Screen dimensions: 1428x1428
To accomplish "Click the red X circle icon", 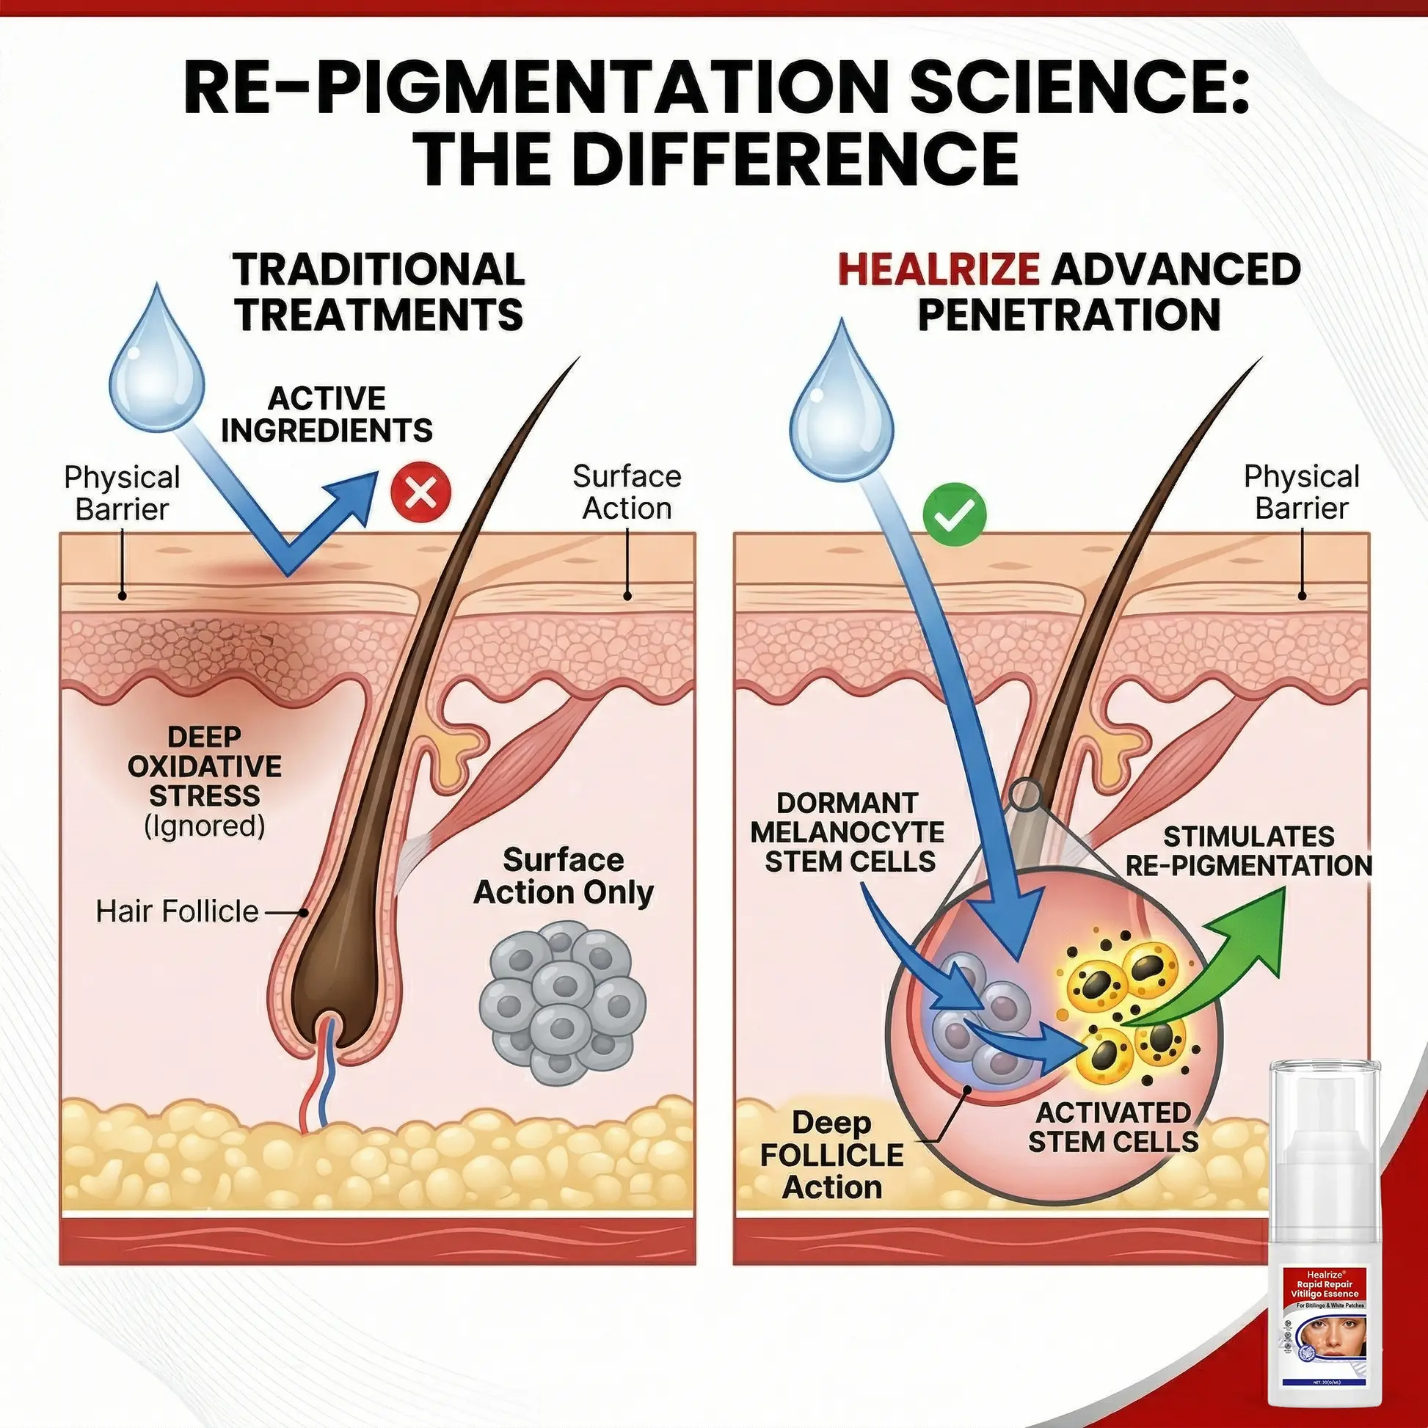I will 420,492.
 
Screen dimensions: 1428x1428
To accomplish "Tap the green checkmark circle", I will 954,516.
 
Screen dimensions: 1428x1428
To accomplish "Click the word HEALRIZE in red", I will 939,270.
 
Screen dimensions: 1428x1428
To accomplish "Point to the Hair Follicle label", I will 178,911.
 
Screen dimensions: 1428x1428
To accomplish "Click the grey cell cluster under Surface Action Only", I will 563,1001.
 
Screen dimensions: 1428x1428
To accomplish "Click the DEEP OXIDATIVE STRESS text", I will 204,767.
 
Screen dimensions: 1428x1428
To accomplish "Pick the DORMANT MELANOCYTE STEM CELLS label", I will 847,832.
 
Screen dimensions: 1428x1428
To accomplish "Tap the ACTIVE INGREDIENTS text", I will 327,415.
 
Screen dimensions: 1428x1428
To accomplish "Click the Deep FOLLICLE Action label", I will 831,1154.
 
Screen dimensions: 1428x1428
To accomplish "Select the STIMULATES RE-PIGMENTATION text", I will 1248,851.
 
